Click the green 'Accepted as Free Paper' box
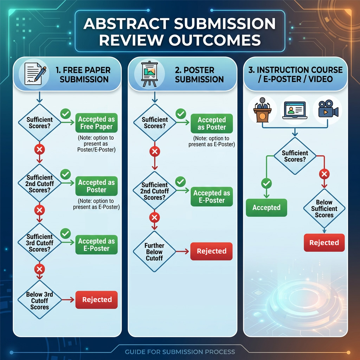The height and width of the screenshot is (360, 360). click(x=96, y=123)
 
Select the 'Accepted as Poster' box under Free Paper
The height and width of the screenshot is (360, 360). click(x=96, y=186)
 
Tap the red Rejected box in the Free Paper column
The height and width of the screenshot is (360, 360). click(x=97, y=300)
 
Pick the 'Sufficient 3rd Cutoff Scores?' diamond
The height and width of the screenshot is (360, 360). click(x=39, y=243)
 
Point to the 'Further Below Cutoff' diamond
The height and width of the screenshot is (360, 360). click(x=154, y=252)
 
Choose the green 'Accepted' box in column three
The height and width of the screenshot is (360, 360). click(x=266, y=207)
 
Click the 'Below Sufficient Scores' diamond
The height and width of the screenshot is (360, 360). click(x=324, y=209)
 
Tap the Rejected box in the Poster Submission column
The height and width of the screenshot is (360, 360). click(x=211, y=251)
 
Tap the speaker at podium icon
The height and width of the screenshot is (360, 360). click(x=263, y=109)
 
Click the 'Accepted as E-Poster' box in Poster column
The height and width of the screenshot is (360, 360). click(x=211, y=197)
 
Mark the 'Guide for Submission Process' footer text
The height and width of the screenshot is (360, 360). click(x=180, y=352)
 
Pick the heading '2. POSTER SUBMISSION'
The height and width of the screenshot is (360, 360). click(x=199, y=75)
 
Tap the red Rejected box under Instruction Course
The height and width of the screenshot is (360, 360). click(x=324, y=243)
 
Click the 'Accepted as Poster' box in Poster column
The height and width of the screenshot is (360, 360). click(x=211, y=123)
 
